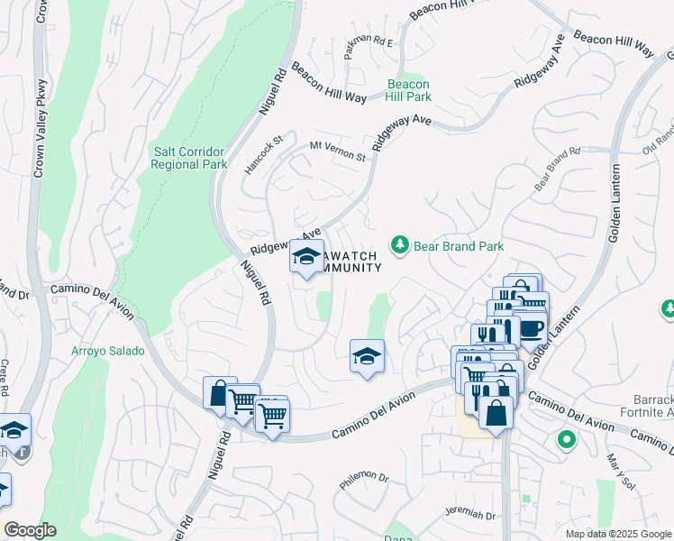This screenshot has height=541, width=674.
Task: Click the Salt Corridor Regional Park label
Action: coord(188,159)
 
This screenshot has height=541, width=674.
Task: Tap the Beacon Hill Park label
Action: coord(409,90)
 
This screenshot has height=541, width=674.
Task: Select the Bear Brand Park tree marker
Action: coord(399,244)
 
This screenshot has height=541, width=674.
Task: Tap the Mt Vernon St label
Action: coord(338,151)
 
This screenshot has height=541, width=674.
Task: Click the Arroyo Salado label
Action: coord(108,351)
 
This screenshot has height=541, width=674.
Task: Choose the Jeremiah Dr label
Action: coord(471,514)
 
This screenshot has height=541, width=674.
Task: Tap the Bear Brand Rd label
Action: coord(556,169)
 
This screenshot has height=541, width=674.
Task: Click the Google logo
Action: coord(31,530)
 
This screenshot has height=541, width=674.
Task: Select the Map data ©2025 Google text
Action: coord(617,534)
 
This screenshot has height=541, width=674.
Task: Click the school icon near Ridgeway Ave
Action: coord(306,257)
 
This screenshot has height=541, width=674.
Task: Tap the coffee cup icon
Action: coord(532,327)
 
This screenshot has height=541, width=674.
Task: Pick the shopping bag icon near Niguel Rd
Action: coord(220,393)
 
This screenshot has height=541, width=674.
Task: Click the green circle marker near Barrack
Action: coord(566,441)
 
